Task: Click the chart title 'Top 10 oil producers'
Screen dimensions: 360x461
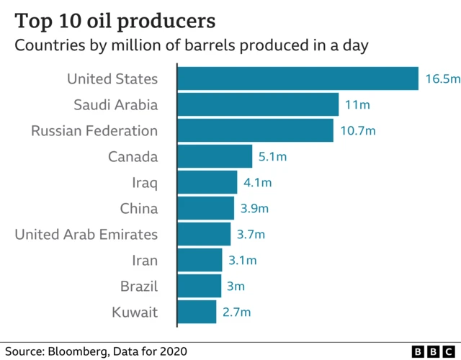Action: coord(111,20)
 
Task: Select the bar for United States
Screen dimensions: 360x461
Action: coord(297,78)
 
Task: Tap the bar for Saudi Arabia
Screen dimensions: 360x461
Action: coord(257,104)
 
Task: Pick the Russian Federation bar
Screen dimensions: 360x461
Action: coord(255,130)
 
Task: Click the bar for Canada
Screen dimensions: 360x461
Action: coord(215,156)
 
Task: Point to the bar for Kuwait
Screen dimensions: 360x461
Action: coord(197,312)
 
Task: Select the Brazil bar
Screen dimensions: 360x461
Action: coord(199,286)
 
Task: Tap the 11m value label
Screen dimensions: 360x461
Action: coord(357,105)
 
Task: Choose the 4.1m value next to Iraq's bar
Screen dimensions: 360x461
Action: coord(257,183)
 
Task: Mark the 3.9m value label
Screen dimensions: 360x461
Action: coord(254,209)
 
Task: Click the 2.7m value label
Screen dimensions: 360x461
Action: coord(236,312)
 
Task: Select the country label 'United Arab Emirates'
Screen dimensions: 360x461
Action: coord(86,235)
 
